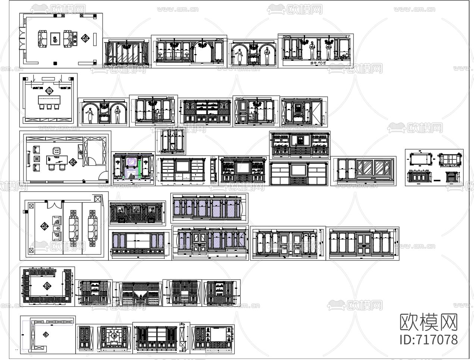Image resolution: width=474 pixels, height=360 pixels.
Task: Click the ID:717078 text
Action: point(428,339)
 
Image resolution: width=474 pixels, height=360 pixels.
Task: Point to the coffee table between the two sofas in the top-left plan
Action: point(55,38)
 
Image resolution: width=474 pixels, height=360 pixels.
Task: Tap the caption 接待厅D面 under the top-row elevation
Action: point(318,63)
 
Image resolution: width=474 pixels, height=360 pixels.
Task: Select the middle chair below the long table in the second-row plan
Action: point(49,107)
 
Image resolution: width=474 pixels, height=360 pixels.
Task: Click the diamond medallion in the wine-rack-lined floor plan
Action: point(47,287)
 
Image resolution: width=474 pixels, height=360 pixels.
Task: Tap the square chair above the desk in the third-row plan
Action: point(57,151)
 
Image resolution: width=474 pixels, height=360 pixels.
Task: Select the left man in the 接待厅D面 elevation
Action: point(313,50)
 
